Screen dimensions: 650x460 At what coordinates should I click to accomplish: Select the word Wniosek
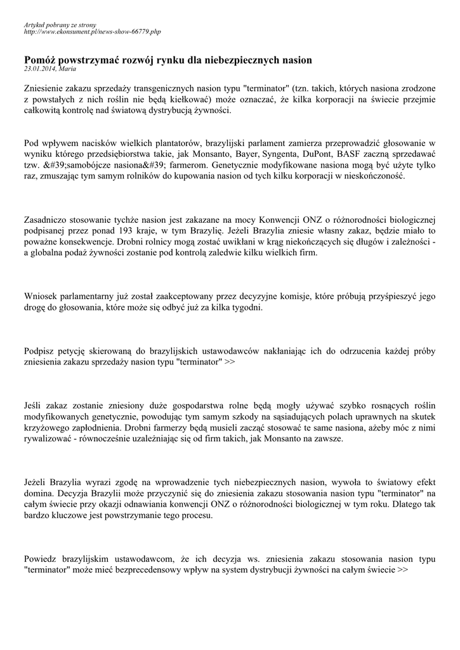point(41,296)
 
